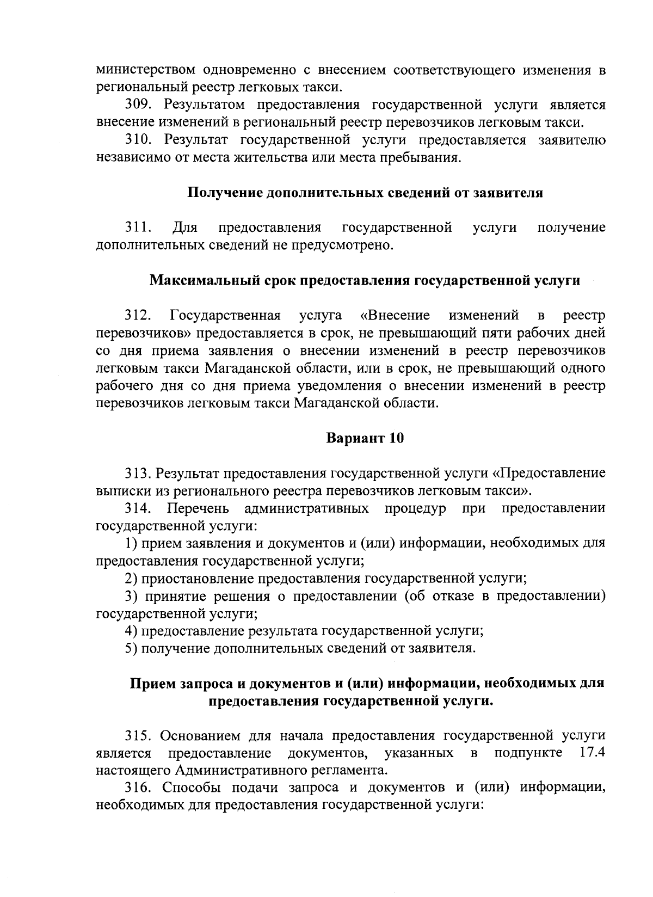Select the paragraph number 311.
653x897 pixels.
[138, 227]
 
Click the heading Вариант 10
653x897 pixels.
[365, 438]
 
